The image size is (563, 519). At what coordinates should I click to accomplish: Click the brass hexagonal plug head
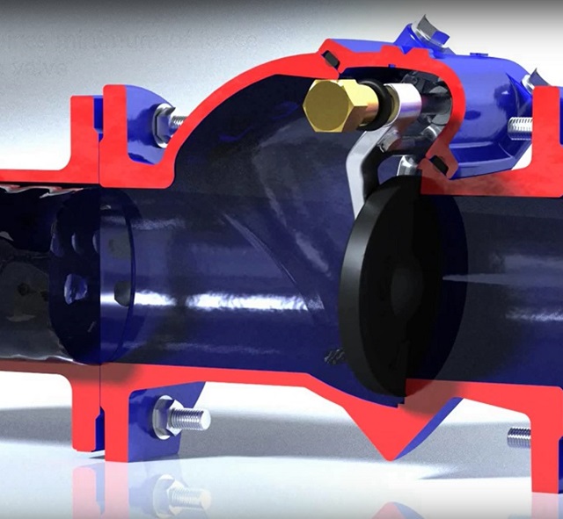329,106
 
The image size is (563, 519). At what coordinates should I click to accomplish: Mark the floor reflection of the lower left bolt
176,494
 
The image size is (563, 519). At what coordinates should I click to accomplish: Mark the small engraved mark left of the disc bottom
334,355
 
